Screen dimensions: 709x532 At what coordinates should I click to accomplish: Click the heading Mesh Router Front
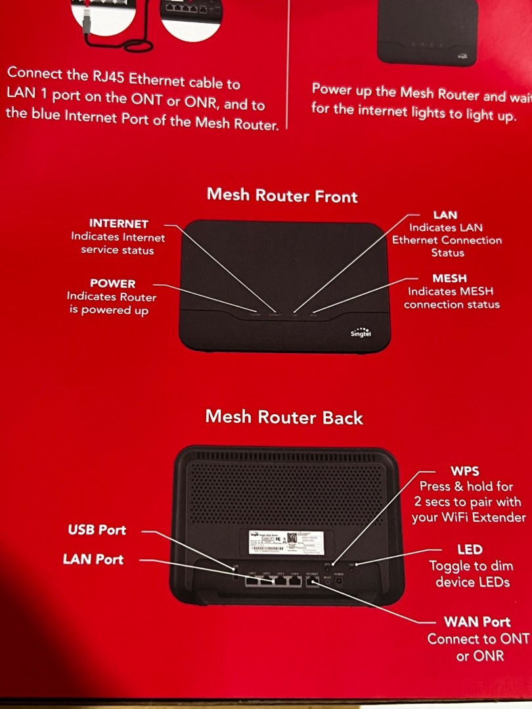click(x=282, y=195)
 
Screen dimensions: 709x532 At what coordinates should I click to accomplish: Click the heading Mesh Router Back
click(x=284, y=418)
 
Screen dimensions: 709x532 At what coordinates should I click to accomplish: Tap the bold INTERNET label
click(x=118, y=224)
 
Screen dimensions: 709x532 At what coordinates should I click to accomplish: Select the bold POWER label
click(x=112, y=284)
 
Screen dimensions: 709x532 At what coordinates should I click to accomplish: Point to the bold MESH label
click(x=450, y=278)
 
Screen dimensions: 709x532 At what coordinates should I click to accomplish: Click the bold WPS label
click(x=465, y=471)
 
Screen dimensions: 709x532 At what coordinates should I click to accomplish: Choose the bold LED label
click(x=470, y=549)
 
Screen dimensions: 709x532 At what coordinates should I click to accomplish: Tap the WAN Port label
click(x=477, y=622)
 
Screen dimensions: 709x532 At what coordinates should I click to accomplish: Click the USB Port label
click(x=97, y=530)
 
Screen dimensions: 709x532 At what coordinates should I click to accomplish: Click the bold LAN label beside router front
click(x=445, y=215)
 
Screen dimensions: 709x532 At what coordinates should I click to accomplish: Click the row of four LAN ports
click(x=273, y=581)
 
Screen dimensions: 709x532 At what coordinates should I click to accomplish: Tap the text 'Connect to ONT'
click(x=477, y=639)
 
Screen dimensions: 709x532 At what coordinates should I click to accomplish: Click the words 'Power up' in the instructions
click(x=341, y=90)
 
